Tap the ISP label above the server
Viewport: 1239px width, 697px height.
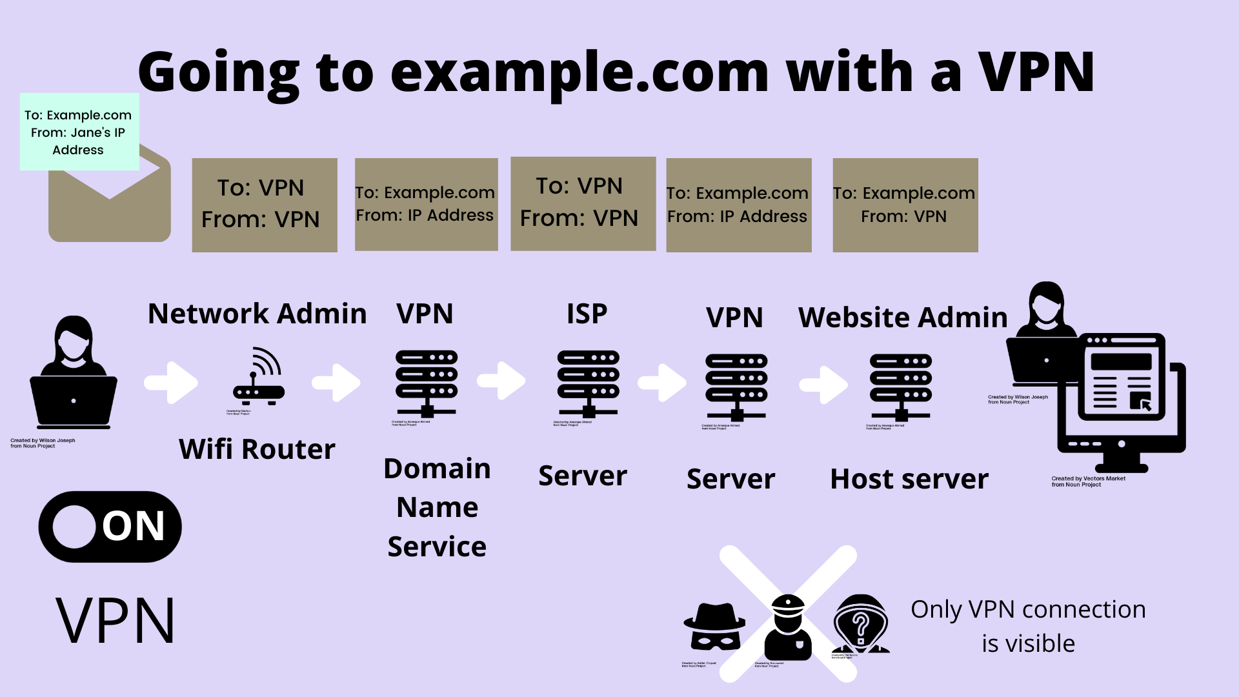[587, 314]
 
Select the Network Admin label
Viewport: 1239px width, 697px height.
[257, 314]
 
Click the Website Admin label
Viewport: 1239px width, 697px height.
[903, 318]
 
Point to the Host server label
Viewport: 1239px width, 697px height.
[909, 479]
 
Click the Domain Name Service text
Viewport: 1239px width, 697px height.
[437, 507]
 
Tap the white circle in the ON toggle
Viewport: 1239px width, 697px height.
[75, 527]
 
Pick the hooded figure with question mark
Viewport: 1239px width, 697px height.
[860, 625]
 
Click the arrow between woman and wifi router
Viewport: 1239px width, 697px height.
[171, 383]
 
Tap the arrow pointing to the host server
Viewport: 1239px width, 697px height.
[824, 385]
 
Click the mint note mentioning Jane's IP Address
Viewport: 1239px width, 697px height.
[79, 132]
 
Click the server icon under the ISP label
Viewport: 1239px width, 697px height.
[588, 384]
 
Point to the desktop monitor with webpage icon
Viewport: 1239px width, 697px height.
[1122, 400]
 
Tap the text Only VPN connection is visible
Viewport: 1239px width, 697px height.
[1027, 626]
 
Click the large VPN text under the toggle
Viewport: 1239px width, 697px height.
[116, 621]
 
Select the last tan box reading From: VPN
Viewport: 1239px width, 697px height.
[905, 205]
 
